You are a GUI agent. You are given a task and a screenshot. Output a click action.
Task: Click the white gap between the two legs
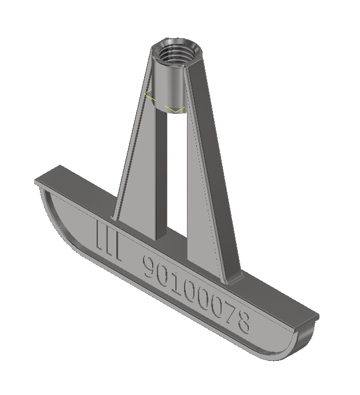point(171,173)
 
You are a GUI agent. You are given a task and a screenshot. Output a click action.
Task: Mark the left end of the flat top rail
point(43,180)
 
